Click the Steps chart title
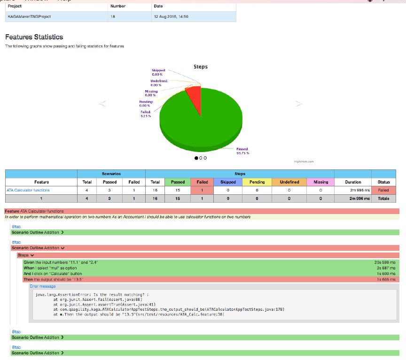[201, 67]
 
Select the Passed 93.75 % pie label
[242, 151]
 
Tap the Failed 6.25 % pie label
[146, 114]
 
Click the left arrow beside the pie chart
[102, 103]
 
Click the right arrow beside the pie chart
[297, 103]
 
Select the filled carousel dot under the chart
[196, 158]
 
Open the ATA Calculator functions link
[28, 190]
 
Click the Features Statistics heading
[34, 37]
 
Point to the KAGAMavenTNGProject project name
[29, 16]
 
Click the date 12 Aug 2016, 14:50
[171, 16]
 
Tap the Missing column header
[321, 182]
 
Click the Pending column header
[257, 182]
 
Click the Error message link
[42, 286]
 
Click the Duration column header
[353, 182]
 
